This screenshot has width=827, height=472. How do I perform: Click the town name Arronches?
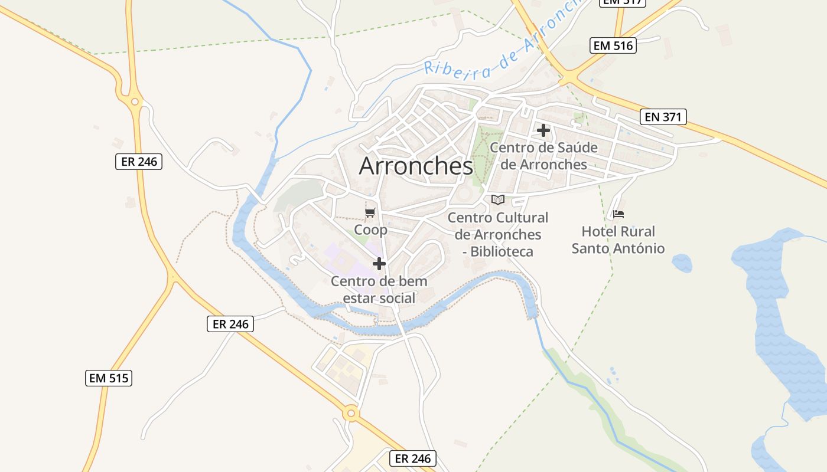tap(416, 166)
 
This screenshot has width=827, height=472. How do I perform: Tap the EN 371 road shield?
tap(663, 117)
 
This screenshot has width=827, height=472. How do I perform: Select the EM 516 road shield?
tap(613, 45)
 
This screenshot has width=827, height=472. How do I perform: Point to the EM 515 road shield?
tap(108, 378)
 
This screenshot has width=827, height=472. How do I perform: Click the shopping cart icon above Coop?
tap(370, 212)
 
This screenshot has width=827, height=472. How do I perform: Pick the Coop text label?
tap(370, 230)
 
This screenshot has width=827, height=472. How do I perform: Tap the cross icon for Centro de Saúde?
tap(543, 130)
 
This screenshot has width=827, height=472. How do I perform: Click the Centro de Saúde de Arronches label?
tap(543, 156)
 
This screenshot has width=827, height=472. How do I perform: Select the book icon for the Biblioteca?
tap(498, 199)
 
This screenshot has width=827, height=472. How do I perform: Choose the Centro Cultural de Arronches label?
tap(497, 234)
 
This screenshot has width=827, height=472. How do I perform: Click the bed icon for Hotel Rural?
tap(618, 214)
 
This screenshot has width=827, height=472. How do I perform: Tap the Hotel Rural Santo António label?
tap(618, 240)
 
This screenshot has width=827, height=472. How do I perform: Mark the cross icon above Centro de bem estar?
tap(379, 264)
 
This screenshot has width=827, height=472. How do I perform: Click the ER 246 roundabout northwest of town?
tap(135, 102)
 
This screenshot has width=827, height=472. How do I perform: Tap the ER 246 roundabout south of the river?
tap(351, 414)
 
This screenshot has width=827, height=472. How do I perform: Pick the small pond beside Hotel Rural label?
tap(682, 263)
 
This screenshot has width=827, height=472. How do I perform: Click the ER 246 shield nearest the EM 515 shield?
tap(230, 324)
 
